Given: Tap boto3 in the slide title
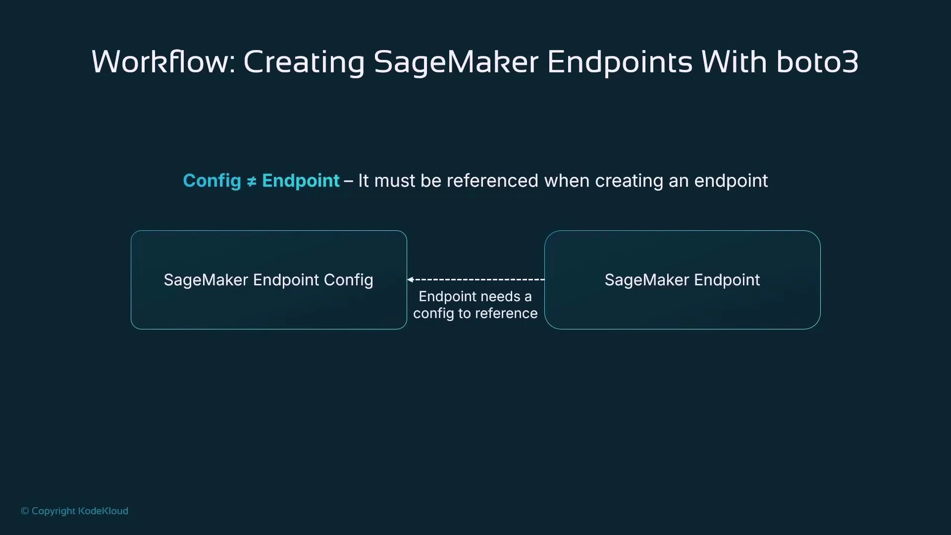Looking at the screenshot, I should (817, 62).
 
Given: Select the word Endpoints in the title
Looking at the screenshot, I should (620, 62).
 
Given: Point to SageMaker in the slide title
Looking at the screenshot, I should (456, 62).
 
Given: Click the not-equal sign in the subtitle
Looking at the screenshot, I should (252, 182).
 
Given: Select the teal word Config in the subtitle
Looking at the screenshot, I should (212, 181).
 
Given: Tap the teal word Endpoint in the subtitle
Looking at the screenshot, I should (301, 181).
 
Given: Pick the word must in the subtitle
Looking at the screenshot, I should (394, 181).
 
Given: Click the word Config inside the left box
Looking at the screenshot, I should (348, 280).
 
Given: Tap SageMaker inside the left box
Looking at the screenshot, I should (206, 280).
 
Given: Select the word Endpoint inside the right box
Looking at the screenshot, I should (727, 280).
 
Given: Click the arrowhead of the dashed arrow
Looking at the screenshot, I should (411, 279).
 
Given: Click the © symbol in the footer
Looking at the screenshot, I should (25, 511).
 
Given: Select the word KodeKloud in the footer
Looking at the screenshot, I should (103, 511).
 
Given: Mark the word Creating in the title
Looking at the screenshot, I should (304, 62).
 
